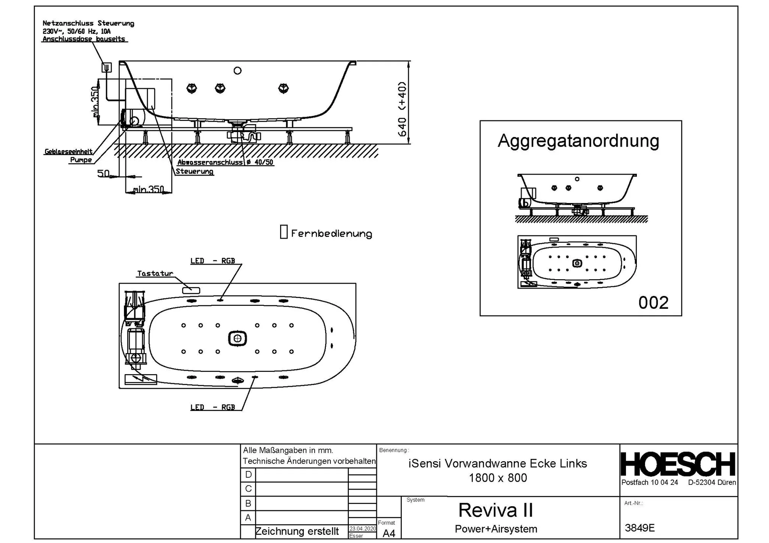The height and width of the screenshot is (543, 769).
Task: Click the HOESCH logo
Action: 678,464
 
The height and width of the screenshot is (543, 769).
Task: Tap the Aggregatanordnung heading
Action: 578,141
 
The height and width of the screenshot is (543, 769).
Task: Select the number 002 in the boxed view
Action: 653,303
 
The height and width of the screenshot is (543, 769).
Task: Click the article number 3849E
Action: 639,528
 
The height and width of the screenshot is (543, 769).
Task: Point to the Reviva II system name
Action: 496,510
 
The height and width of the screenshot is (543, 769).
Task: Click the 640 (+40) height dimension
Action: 402,109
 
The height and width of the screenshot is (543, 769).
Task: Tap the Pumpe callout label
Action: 81,160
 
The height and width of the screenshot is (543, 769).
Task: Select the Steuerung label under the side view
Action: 195,171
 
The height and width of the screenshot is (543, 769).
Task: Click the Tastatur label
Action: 155,274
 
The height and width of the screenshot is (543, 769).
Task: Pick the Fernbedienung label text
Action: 332,233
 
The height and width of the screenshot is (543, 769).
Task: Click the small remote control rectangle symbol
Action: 284,232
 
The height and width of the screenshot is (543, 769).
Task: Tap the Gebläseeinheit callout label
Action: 68,152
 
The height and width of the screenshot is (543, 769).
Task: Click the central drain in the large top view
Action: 237,338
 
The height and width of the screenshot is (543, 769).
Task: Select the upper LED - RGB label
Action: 213,261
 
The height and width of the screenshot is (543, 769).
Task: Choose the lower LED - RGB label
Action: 213,407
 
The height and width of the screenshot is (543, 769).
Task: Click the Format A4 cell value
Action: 389,533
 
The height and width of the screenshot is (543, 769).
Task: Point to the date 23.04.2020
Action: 362,528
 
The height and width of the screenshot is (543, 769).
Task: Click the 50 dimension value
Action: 103,174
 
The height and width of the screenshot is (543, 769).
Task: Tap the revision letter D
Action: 248,475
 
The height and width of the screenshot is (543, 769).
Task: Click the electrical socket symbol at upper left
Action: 107,68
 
